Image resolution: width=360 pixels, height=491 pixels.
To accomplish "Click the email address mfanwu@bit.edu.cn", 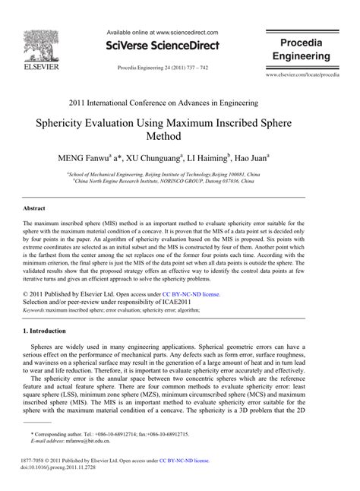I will [x=84, y=440].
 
